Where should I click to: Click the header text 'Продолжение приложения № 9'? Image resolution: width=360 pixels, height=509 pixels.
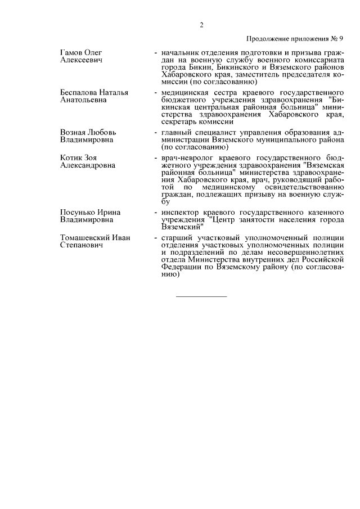pyautogui.click(x=295, y=39)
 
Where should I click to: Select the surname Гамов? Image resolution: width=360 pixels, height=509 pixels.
pyautogui.click(x=72, y=52)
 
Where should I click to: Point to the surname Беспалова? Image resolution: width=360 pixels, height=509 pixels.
pyautogui.click(x=79, y=92)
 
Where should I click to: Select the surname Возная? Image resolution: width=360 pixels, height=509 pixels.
pyautogui.click(x=74, y=132)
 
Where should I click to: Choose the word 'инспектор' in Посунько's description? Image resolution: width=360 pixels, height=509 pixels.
pyautogui.click(x=179, y=212)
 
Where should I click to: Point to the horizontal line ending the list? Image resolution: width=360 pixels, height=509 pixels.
pyautogui.click(x=201, y=295)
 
